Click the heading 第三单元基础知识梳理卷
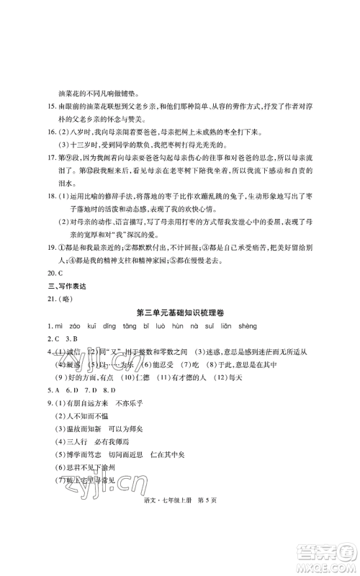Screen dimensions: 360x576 click(179, 292)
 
